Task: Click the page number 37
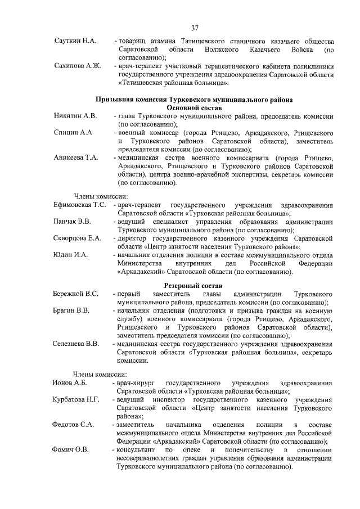tap(195, 28)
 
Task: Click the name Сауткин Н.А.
tap(75, 42)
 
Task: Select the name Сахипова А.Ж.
tap(78, 66)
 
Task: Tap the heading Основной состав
tap(195, 107)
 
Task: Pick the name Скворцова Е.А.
tap(78, 238)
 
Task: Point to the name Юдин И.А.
tap(71, 255)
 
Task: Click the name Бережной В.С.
tap(76, 294)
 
